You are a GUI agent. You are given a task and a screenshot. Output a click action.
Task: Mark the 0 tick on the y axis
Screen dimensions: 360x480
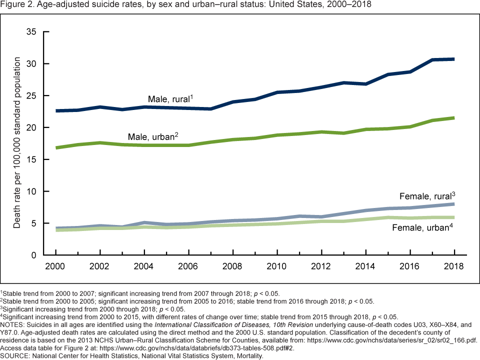(x=33, y=255)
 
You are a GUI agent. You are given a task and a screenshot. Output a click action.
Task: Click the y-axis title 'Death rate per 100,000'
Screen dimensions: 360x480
(x=17, y=143)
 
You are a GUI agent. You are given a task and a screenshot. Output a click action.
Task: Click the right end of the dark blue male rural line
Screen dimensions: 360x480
(x=453, y=59)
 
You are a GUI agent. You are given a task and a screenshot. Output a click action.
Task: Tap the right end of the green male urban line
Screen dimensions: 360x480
(x=453, y=118)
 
